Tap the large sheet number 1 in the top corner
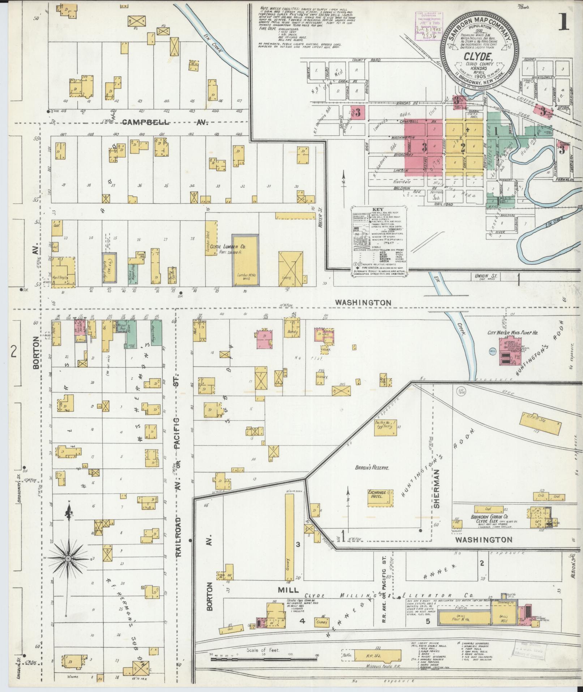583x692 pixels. (x=563, y=22)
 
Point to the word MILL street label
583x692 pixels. (x=288, y=590)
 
